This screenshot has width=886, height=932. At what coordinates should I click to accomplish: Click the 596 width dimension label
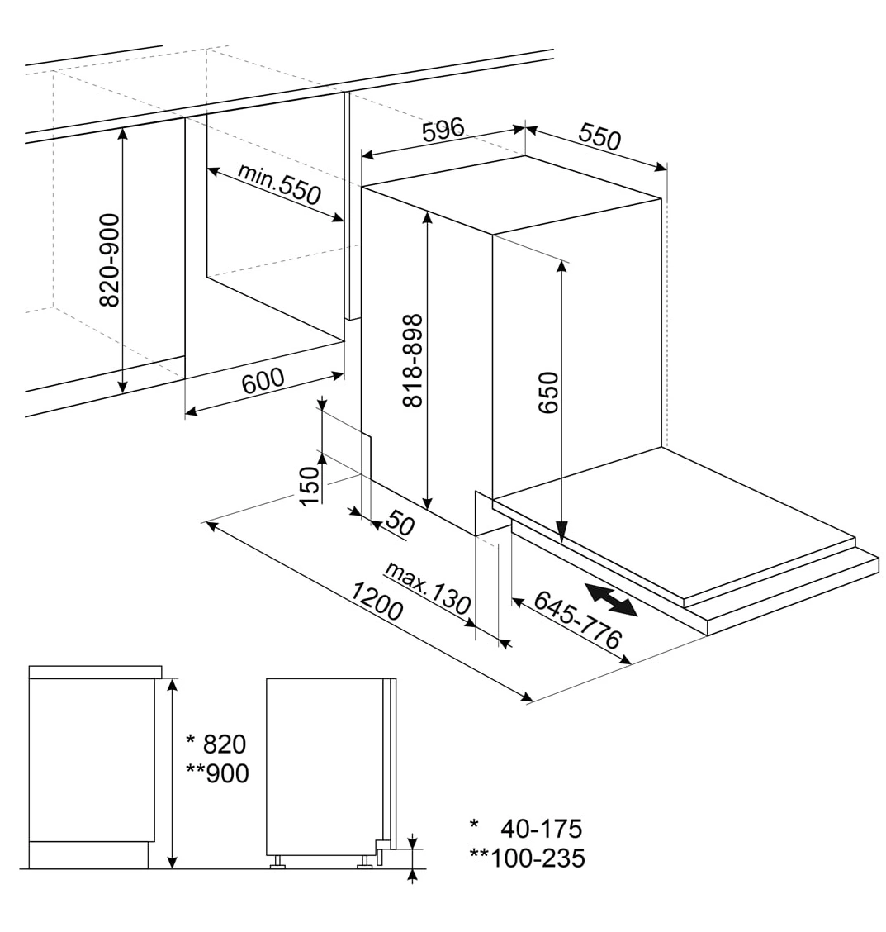(443, 130)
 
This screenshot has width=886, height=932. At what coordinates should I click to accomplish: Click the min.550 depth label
(279, 183)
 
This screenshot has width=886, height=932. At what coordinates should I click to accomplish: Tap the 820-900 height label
(109, 260)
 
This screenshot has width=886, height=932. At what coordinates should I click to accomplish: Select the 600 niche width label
(263, 380)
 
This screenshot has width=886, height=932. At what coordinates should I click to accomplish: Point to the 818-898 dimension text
(413, 361)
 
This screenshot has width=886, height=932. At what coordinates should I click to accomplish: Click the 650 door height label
(548, 392)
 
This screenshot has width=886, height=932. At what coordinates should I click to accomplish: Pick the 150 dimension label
(310, 486)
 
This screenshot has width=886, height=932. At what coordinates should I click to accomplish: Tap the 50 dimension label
(400, 524)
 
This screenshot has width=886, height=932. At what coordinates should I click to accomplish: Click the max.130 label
(429, 587)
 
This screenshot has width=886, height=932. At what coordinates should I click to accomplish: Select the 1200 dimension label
(377, 601)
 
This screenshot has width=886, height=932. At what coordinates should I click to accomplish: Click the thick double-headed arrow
(611, 600)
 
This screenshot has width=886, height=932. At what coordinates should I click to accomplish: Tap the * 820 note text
(216, 744)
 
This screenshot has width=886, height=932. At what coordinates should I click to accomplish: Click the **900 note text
(217, 773)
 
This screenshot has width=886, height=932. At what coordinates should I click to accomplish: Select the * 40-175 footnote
(526, 829)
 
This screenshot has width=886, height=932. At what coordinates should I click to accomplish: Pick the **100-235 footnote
(528, 858)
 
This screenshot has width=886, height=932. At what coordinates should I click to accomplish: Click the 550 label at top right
(599, 137)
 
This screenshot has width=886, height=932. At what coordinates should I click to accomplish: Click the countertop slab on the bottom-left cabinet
(95, 673)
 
